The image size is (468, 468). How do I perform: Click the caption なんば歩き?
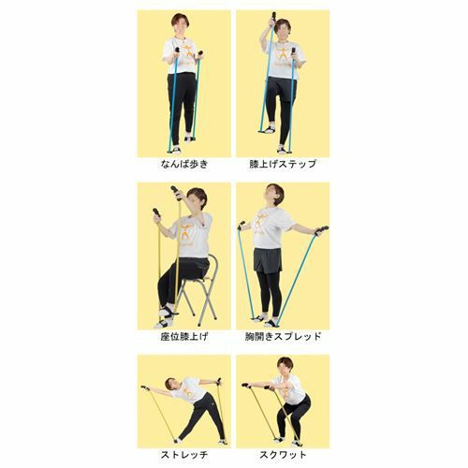click(x=184, y=164)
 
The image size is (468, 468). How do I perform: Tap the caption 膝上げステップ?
click(x=283, y=164)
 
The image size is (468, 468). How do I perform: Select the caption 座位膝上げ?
click(x=184, y=337)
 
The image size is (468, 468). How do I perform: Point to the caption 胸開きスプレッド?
click(x=283, y=337)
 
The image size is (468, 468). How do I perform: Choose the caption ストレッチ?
click(x=184, y=455)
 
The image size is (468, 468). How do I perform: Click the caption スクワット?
click(x=283, y=455)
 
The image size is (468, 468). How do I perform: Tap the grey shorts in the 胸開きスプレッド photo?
click(x=268, y=260)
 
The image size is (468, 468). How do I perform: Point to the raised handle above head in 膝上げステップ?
click(x=274, y=18)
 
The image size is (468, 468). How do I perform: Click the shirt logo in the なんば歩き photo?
click(x=186, y=53)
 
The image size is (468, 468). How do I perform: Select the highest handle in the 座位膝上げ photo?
click(x=176, y=193)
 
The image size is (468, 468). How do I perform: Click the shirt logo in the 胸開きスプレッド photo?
click(x=261, y=222)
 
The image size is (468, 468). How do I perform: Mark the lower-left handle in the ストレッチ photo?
click(x=145, y=388)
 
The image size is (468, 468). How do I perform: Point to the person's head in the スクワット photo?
click(x=285, y=367)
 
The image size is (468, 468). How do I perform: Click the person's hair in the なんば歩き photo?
click(x=180, y=18)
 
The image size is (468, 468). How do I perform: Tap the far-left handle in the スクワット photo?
click(x=246, y=386)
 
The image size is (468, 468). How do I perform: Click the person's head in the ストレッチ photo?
click(x=170, y=384)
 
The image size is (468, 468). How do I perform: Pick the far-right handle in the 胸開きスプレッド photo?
click(x=322, y=230)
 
